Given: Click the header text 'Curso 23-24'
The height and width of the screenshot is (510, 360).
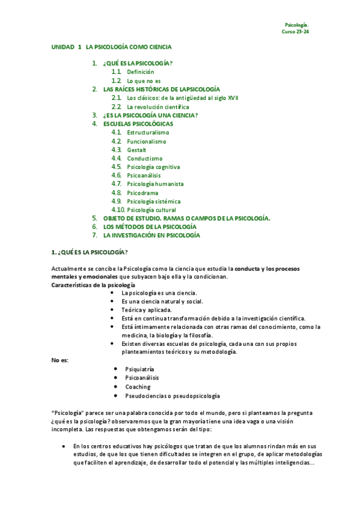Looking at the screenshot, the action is tap(295, 31).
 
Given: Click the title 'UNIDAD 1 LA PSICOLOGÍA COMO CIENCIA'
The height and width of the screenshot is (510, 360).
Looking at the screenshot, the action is tap(112, 46).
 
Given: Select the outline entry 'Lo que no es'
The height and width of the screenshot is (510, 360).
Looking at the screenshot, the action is tap(144, 80).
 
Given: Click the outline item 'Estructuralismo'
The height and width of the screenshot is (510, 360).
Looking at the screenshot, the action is tap(148, 132).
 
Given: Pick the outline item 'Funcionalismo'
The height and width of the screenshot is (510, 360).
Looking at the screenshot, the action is tap(147, 141).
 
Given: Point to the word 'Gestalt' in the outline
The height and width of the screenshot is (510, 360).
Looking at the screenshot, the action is tap(136, 150).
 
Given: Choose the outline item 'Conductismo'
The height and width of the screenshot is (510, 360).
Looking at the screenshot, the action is tap(144, 158).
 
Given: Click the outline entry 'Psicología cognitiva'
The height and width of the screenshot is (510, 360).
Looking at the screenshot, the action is tap(154, 167).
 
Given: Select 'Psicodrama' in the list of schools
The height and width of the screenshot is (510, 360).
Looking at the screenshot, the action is tap(142, 192).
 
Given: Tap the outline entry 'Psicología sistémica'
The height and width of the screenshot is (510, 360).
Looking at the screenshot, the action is tap(154, 201).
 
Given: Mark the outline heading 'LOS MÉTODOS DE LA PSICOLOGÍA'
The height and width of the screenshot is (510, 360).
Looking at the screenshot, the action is tap(150, 227).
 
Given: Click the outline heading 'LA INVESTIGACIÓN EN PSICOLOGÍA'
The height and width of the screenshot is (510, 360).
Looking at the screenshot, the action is tap(151, 235).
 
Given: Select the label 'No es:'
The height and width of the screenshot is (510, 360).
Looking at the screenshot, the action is tap(60, 360).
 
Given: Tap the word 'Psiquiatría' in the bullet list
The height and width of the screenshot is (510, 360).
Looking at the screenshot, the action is tap(139, 369).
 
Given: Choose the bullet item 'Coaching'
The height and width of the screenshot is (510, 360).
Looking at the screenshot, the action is tap(138, 387).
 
